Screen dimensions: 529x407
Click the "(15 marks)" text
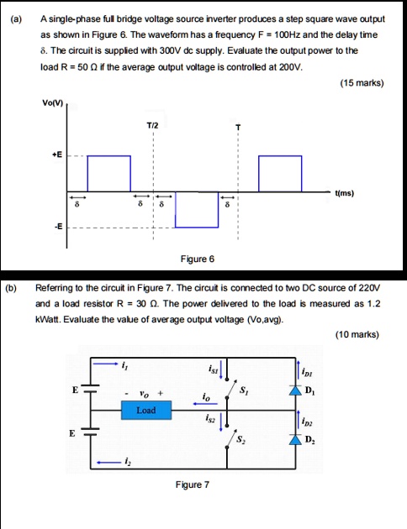pos(362,83)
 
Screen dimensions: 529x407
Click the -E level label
pos(55,225)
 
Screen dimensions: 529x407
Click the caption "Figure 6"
pos(197,259)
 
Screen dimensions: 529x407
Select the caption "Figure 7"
pos(192,484)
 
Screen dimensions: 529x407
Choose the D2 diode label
pos(311,441)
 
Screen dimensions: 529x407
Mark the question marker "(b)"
pos(11,286)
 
